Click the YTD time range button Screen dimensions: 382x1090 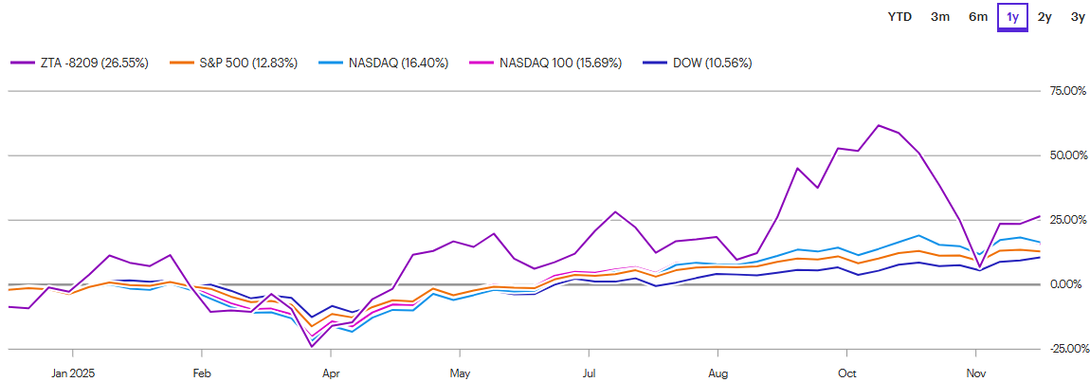pyautogui.click(x=899, y=16)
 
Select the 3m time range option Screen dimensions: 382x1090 pyautogui.click(x=940, y=16)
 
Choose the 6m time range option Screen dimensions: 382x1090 pyautogui.click(x=978, y=16)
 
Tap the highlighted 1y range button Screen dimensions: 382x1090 pyautogui.click(x=1013, y=16)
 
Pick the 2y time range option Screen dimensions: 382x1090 pyautogui.click(x=1045, y=16)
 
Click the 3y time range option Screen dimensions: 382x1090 pyautogui.click(x=1078, y=16)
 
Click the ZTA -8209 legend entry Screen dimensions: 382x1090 pyautogui.click(x=80, y=64)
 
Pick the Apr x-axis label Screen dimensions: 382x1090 pyautogui.click(x=330, y=373)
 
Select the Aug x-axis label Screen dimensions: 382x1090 pyautogui.click(x=719, y=373)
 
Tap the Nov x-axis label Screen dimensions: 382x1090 pyautogui.click(x=976, y=373)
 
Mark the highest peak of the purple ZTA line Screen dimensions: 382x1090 pyautogui.click(x=879, y=125)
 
